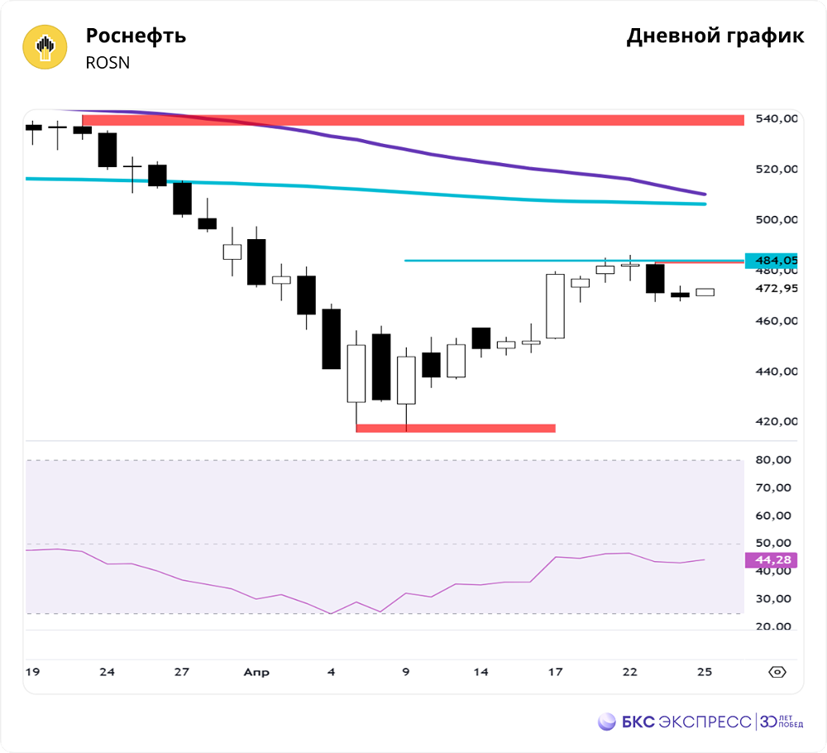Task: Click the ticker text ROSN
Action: (108, 63)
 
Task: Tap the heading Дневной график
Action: (715, 36)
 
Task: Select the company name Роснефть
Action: (136, 36)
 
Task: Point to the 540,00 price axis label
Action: (777, 119)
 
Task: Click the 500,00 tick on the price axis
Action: (777, 220)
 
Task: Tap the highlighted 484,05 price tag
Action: (772, 261)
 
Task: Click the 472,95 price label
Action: (777, 289)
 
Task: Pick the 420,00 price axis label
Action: (777, 422)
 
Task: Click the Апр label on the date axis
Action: (256, 672)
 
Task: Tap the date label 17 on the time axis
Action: (555, 672)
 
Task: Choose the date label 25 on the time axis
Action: (705, 672)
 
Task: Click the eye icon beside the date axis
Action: (777, 671)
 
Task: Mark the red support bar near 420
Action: (456, 428)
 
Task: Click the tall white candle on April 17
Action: (555, 306)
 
